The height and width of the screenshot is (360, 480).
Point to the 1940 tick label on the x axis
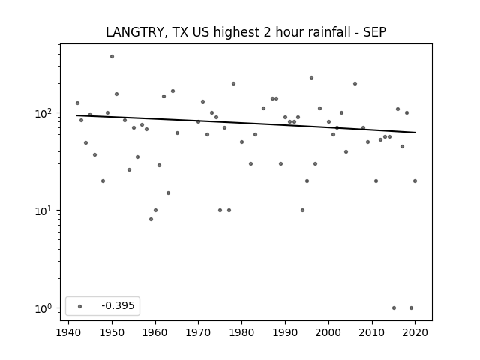(68, 332)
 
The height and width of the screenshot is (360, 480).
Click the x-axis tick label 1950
(112, 332)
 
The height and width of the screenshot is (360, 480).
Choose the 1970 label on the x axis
(198, 332)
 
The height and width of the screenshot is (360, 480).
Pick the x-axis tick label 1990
(285, 332)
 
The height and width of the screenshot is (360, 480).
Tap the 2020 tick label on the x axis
(415, 332)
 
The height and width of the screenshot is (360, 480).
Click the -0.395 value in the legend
(118, 305)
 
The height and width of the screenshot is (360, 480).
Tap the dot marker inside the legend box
(80, 306)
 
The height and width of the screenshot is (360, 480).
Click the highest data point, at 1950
(112, 57)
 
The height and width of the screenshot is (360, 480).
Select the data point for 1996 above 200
(311, 78)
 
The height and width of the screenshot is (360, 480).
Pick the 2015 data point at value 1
(394, 308)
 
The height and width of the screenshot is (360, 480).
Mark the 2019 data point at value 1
(411, 308)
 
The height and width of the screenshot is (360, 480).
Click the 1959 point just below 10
(151, 220)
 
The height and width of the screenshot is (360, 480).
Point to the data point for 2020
(415, 181)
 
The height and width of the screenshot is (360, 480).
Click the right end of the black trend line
(415, 133)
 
